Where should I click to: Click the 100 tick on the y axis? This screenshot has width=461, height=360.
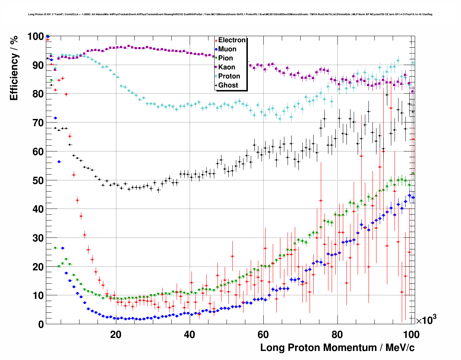[35, 37]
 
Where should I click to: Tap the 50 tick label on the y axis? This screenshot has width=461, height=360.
[38, 180]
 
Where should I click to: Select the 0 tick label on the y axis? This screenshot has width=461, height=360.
[41, 324]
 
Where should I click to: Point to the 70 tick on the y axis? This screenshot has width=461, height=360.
[38, 123]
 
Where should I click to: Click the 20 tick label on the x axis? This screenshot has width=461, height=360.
[116, 334]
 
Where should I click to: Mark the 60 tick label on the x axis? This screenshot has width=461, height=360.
[263, 334]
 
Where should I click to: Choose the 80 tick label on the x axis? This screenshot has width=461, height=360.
[337, 334]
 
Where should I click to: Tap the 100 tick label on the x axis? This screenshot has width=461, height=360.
[411, 334]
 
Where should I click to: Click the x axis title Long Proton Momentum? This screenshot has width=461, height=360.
[337, 348]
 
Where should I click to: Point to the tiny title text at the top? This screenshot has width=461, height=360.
[230, 14]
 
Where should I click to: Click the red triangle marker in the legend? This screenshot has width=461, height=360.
[216, 40]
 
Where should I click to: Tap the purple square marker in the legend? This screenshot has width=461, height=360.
[216, 67]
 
